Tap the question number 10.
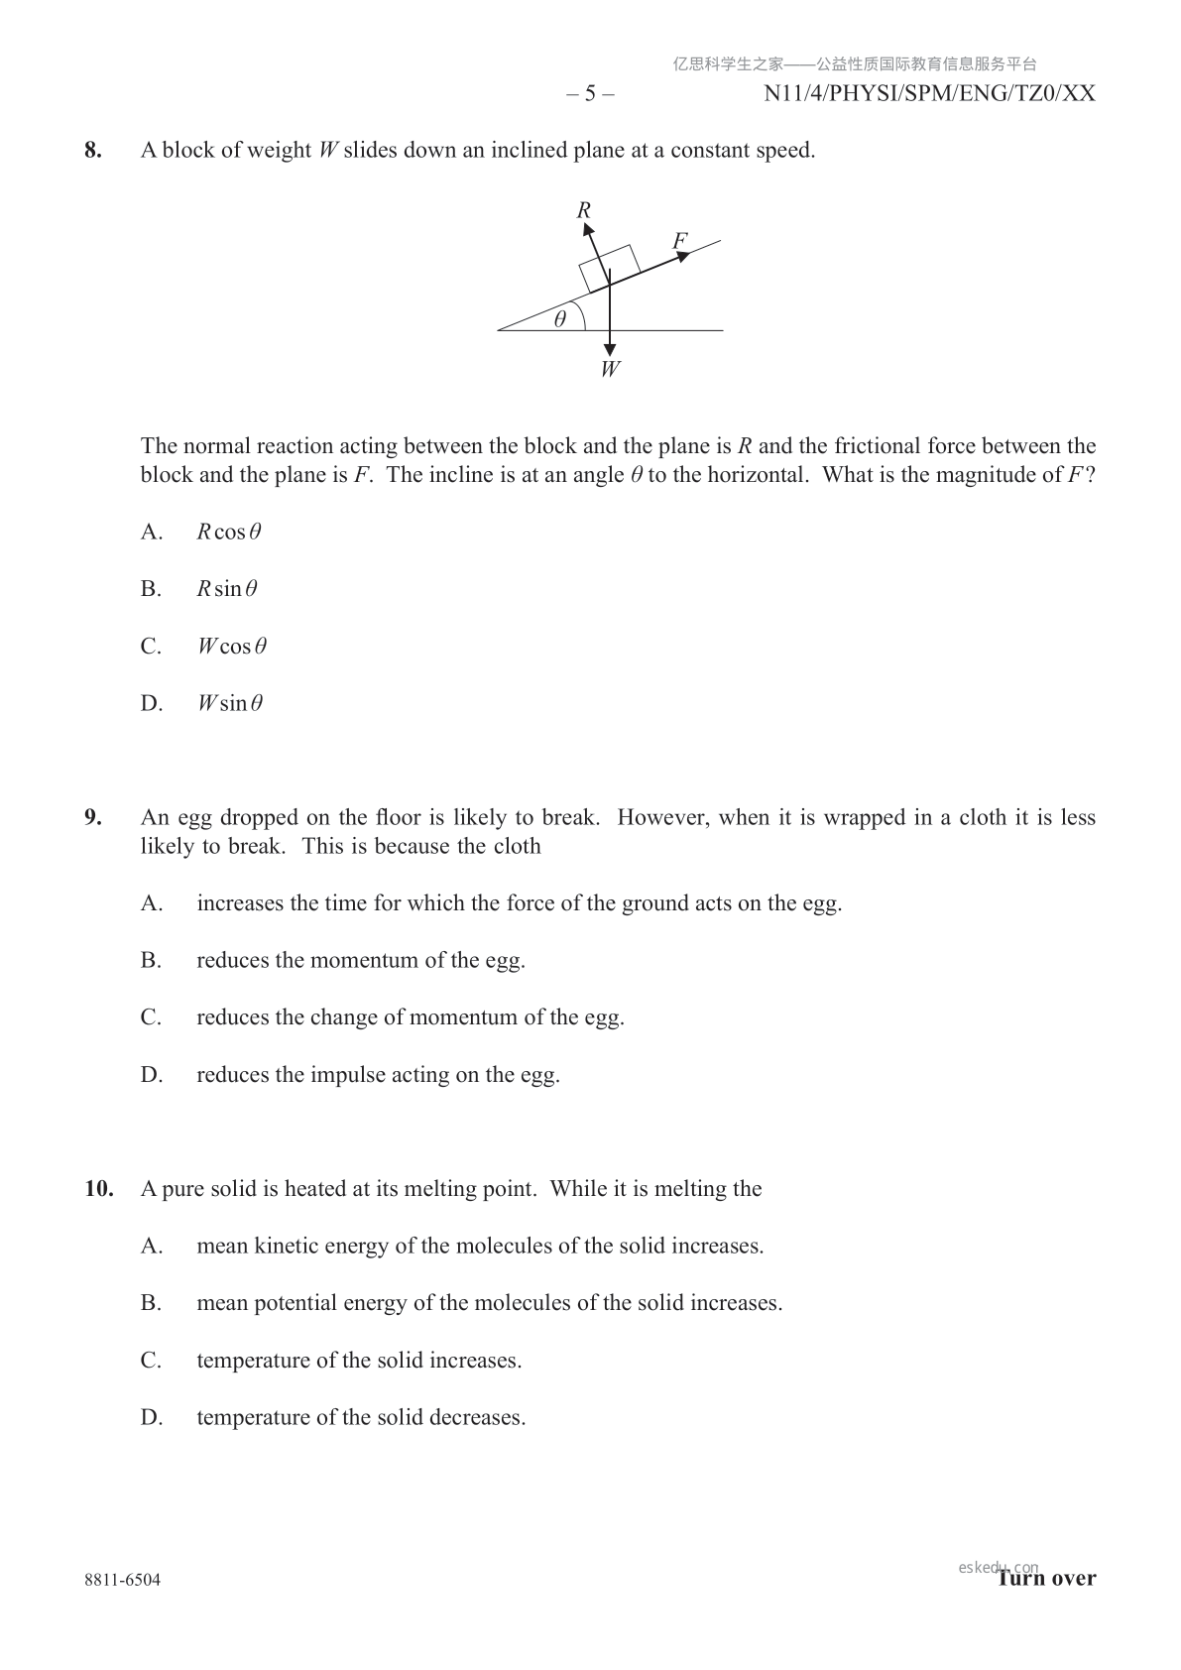(98, 1189)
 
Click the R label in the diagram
(584, 210)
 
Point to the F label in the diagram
(679, 241)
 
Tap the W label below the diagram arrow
(610, 370)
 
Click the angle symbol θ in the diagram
(560, 319)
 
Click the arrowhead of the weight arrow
(610, 350)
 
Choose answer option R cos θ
(229, 533)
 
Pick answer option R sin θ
(227, 590)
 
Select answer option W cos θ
(232, 647)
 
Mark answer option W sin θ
(230, 704)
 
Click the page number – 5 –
(590, 94)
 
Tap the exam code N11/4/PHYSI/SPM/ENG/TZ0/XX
(929, 94)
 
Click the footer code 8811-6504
(123, 1580)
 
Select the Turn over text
(1047, 1579)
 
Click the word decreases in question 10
(477, 1418)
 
